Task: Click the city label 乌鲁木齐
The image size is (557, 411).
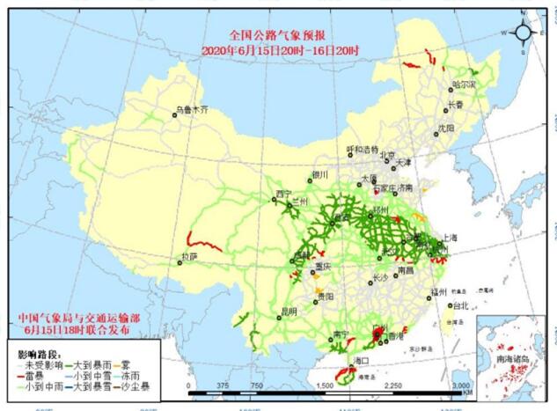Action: [x=193, y=111]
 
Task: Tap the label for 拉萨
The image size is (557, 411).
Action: [x=187, y=257]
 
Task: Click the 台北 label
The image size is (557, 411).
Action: [x=459, y=306]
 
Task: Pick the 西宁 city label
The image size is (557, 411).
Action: [x=282, y=193]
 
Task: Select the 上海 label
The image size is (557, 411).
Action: [x=450, y=238]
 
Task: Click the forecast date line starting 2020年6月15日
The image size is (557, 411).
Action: [x=278, y=51]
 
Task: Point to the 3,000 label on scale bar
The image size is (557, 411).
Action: [x=461, y=385]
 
